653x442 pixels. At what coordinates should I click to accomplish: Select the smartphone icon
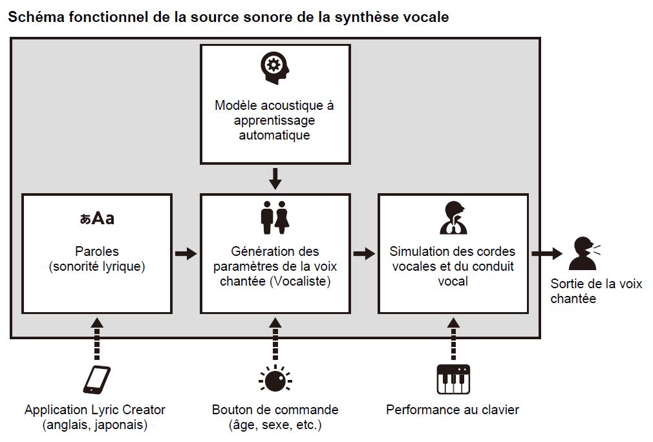[96, 379]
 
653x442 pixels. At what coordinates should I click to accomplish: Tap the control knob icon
[275, 380]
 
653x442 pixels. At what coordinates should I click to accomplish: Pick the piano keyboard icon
[453, 379]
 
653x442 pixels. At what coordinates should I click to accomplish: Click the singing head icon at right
[584, 253]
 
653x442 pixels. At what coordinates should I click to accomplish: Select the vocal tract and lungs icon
[453, 218]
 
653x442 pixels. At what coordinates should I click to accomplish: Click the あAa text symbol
[97, 218]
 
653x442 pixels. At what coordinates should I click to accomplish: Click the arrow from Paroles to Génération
[186, 253]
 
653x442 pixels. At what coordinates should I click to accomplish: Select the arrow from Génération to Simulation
[364, 253]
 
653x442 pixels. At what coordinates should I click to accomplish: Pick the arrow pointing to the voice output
[546, 253]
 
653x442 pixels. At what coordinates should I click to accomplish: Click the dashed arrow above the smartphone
[97, 338]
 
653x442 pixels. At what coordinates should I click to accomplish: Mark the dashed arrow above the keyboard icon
[453, 338]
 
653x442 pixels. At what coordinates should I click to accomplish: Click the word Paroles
[97, 251]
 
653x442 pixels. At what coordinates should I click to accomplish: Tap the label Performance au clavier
[453, 410]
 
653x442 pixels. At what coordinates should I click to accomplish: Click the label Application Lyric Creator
[95, 410]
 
